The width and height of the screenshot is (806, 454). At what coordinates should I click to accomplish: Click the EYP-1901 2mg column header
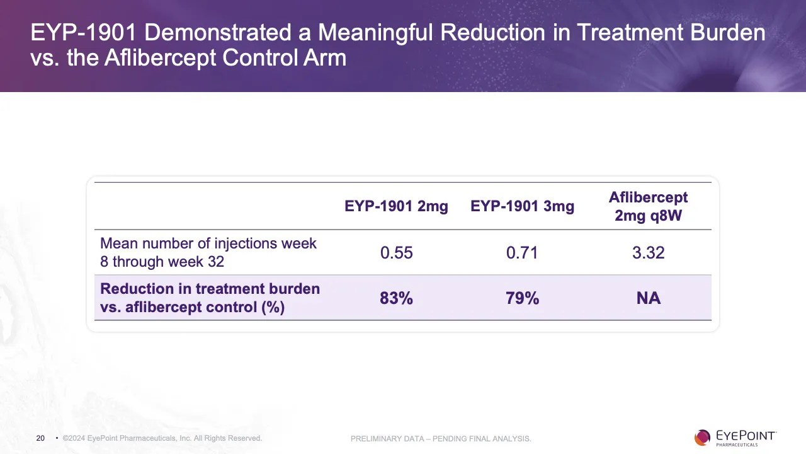(396, 207)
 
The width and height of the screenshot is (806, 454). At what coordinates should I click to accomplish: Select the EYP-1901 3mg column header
(522, 207)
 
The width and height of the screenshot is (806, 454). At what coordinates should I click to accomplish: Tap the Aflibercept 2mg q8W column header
(648, 207)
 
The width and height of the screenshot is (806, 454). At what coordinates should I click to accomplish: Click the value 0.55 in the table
(396, 253)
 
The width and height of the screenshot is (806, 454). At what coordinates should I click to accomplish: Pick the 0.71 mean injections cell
(522, 253)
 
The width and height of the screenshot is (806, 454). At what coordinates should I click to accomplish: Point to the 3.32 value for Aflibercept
(648, 253)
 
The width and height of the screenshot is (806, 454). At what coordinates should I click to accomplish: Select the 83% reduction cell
(396, 298)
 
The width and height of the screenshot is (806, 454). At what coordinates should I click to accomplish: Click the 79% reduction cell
(522, 298)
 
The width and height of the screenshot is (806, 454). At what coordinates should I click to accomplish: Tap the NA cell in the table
(648, 298)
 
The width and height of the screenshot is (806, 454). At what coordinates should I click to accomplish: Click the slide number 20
(40, 438)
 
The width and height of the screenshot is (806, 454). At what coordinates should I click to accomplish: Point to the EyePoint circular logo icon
(702, 438)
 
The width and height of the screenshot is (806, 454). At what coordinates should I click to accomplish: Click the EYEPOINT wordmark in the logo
(746, 436)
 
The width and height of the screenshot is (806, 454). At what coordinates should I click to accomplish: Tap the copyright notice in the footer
(162, 438)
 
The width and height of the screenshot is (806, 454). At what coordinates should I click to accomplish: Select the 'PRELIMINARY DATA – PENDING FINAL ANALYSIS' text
(441, 439)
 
